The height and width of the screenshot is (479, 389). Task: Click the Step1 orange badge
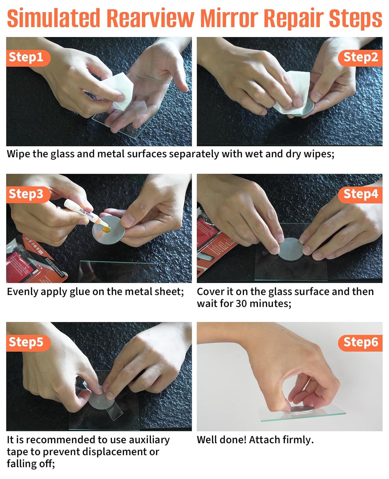point(28,58)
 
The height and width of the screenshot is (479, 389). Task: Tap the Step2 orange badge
point(360,58)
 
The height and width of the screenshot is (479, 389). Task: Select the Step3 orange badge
point(28,194)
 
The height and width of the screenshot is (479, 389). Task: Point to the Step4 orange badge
point(360,194)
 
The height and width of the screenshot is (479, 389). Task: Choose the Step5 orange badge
point(28,343)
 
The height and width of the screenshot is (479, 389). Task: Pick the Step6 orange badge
point(360,343)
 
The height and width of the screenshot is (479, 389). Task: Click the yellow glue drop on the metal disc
point(106,229)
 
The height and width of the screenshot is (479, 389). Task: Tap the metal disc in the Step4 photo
point(291,249)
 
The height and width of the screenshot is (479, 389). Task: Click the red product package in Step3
point(34,262)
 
